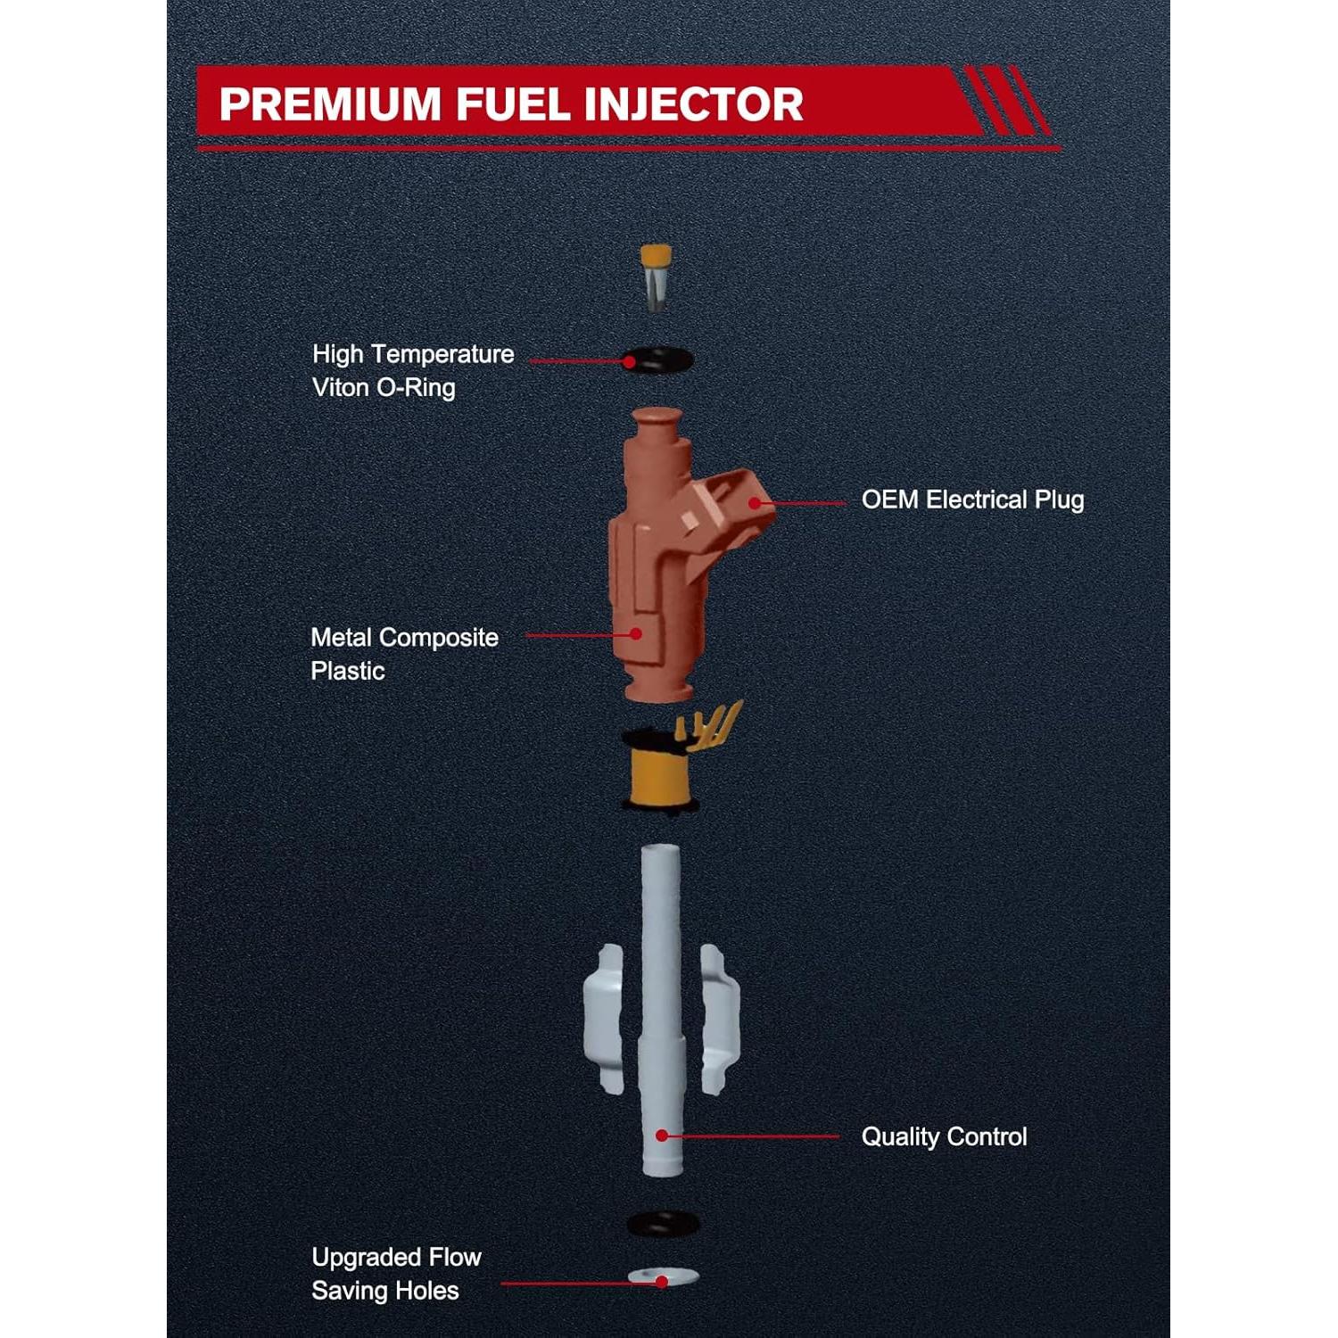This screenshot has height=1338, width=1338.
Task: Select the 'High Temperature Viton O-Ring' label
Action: (x=412, y=370)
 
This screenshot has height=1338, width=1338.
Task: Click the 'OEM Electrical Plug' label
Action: (x=972, y=500)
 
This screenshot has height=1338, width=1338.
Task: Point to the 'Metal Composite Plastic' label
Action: (x=403, y=654)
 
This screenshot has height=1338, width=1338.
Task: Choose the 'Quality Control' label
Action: (x=944, y=1136)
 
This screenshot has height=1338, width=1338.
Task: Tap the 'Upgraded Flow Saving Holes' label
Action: (x=395, y=1274)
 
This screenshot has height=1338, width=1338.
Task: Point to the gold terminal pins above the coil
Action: (x=709, y=723)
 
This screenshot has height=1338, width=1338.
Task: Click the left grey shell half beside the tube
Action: (x=604, y=1017)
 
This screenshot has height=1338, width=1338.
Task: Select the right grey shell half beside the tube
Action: (x=718, y=1017)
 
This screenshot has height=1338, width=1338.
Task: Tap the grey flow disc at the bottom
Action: (x=663, y=1278)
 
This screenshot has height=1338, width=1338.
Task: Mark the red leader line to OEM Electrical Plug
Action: (x=803, y=503)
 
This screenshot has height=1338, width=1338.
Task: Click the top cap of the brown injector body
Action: (x=657, y=419)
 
